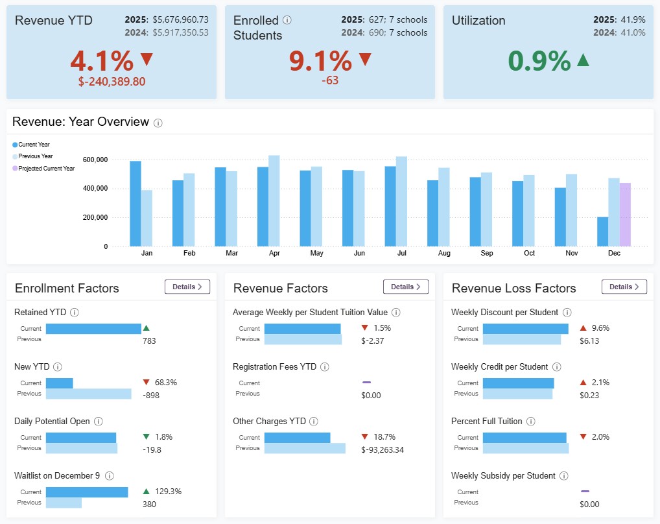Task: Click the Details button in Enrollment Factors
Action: [x=187, y=287]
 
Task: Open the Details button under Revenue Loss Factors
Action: [x=624, y=287]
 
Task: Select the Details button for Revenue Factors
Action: [x=405, y=287]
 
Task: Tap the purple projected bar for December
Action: [x=625, y=215]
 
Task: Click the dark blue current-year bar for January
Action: [x=136, y=204]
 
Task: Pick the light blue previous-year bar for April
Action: [x=274, y=201]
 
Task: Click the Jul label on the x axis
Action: [x=402, y=254]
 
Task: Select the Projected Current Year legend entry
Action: [x=46, y=169]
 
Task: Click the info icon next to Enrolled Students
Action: [x=287, y=20]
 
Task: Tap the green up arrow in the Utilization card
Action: [x=583, y=60]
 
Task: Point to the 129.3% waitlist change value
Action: [x=165, y=492]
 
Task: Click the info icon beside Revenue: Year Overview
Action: [x=158, y=123]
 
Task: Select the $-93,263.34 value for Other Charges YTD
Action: [x=383, y=449]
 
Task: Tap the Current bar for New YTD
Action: [x=60, y=383]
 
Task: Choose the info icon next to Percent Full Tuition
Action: [x=530, y=422]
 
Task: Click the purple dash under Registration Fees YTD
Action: [x=366, y=382]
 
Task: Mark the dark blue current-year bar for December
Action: [x=602, y=232]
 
